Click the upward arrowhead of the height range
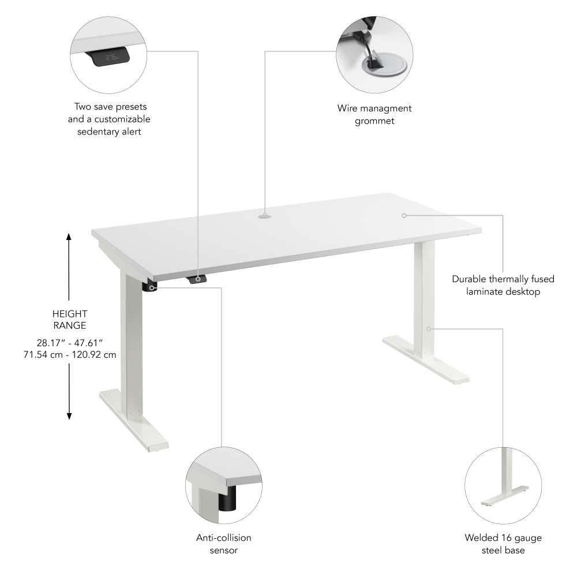[69, 237]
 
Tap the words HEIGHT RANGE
[69, 320]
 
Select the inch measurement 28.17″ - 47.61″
[69, 342]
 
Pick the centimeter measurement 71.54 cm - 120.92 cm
[69, 354]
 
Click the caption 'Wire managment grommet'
[374, 114]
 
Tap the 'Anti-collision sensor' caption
[224, 544]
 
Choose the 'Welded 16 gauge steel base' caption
[503, 544]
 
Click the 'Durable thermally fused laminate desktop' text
[503, 285]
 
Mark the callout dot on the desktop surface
[404, 215]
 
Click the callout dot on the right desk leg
[429, 329]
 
